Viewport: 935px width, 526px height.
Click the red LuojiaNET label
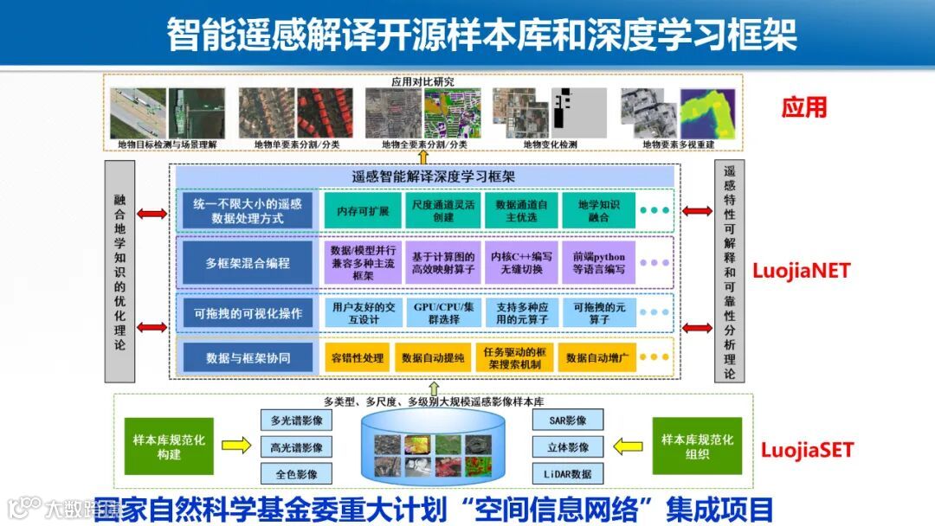[x=802, y=270]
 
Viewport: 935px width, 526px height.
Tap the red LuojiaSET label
[x=807, y=450]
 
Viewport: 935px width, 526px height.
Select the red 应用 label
[x=804, y=107]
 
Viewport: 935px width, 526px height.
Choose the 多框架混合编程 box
[x=248, y=263]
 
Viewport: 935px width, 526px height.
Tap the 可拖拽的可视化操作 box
[x=248, y=313]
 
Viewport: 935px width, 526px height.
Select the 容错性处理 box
[x=358, y=357]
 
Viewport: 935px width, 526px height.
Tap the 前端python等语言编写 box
[x=598, y=263]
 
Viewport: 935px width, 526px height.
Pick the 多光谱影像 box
[x=296, y=421]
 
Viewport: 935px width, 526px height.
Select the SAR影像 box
[x=568, y=421]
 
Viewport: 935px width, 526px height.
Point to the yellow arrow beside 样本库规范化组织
[x=629, y=446]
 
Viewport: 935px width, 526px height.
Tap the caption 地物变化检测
[x=550, y=144]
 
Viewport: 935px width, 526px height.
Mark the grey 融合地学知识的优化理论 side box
[x=119, y=271]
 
